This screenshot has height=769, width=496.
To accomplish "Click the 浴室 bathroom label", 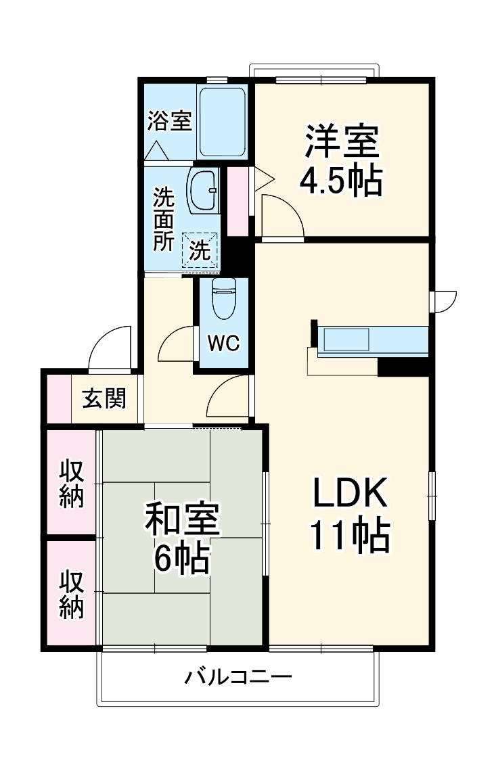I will click(169, 122).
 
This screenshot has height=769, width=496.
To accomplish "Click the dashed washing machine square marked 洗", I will click(200, 251).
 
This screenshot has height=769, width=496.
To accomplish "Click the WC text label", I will click(223, 344).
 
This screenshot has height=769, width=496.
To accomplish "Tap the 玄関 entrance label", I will click(104, 399).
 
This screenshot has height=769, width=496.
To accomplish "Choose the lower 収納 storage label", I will click(71, 595).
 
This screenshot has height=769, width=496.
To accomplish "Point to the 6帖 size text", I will click(181, 558).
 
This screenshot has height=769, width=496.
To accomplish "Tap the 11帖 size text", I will click(349, 535).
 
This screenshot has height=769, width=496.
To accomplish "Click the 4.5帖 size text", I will click(341, 181).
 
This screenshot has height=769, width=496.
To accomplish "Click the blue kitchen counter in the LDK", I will click(372, 340).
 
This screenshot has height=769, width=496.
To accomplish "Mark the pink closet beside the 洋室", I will click(238, 201).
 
